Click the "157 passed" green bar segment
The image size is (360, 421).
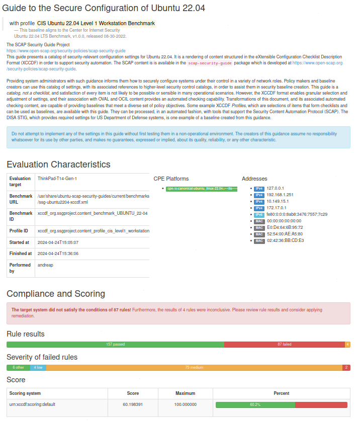pyautogui.click(x=115, y=345)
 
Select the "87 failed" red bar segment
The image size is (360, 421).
pyautogui.click(x=284, y=345)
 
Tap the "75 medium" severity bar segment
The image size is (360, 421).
pyautogui.click(x=194, y=368)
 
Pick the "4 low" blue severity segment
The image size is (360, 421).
pyautogui.click(x=38, y=368)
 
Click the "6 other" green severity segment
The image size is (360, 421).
pyautogui.click(x=18, y=368)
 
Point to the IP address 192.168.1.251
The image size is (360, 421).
pyautogui.click(x=280, y=195)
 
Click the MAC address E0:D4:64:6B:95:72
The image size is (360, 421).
pyautogui.click(x=285, y=227)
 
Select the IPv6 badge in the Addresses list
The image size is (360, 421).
pyautogui.click(x=259, y=214)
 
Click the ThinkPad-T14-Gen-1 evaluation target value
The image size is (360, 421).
pyautogui.click(x=57, y=179)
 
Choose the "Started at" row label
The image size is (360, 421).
pyautogui.click(x=20, y=242)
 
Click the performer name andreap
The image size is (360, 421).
pyautogui.click(x=45, y=265)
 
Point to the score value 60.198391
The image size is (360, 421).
pyautogui.click(x=133, y=404)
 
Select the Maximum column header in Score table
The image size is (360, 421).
pyautogui.click(x=185, y=393)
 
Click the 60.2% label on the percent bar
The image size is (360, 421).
pyautogui.click(x=255, y=404)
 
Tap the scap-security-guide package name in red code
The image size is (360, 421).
pyautogui.click(x=210, y=63)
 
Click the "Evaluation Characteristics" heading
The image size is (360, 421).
pyautogui.click(x=58, y=164)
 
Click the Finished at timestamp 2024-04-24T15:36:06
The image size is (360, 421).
pyautogui.click(x=58, y=254)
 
